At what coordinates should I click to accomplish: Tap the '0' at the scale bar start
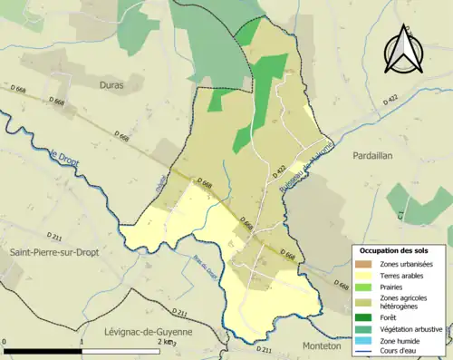5,342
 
